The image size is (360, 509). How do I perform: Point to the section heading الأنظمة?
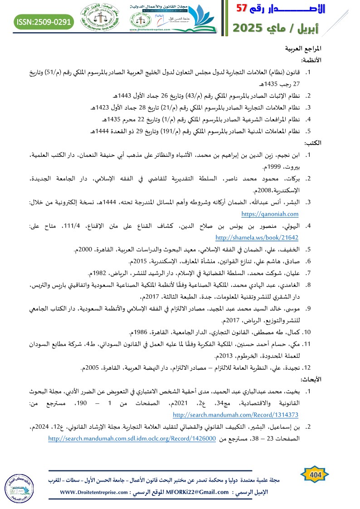[x=311, y=60]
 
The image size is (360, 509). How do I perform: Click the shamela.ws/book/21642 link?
[x=257, y=237]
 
